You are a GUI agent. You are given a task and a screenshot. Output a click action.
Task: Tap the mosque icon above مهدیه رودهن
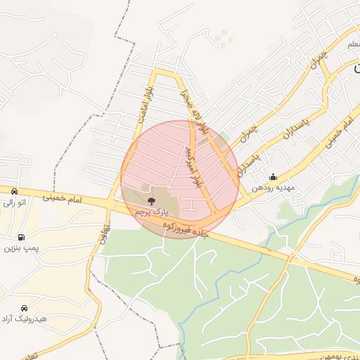[273, 176]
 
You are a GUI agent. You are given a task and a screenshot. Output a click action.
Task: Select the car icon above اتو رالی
[14, 192]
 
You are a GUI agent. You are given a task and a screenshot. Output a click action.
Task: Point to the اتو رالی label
[13, 203]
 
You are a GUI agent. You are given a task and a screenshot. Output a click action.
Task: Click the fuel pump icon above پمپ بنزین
[22, 237]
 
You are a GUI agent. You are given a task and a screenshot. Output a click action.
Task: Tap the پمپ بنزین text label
[19, 247]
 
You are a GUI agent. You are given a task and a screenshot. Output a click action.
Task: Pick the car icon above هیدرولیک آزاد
[25, 308]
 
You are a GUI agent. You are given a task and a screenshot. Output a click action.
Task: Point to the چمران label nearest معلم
[318, 61]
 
